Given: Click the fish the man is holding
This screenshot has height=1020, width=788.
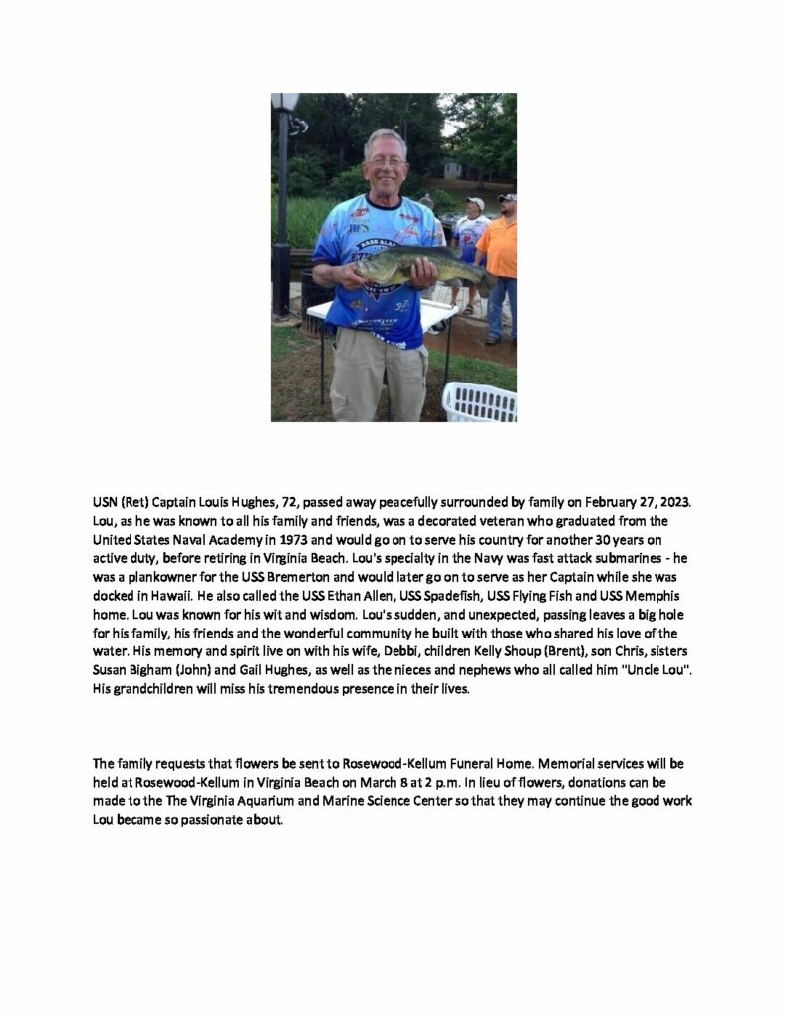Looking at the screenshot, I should click(418, 267).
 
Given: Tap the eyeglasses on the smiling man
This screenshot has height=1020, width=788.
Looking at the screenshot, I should click(386, 162).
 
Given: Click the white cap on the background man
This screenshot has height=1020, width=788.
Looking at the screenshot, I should click(475, 203).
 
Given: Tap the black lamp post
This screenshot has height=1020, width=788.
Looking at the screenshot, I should click(282, 199).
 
